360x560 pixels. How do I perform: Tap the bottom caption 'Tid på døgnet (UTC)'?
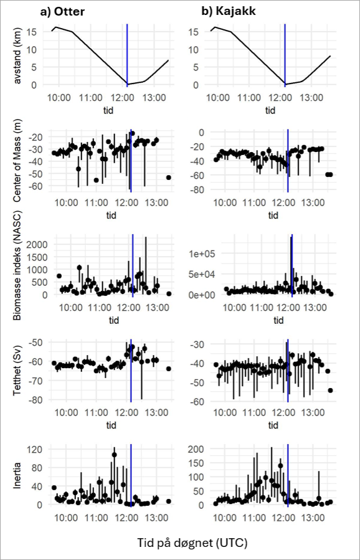[192, 543]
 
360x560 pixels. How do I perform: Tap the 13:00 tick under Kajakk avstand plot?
[312, 98]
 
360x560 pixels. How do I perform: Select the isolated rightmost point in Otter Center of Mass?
[169, 178]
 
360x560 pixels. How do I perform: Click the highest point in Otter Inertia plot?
[114, 455]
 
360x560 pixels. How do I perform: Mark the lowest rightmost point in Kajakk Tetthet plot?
[330, 391]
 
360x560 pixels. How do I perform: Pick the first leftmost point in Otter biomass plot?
[59, 276]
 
